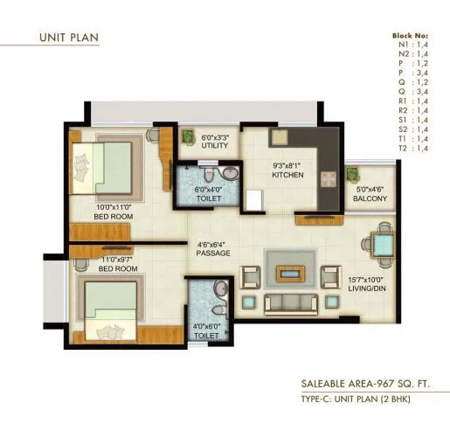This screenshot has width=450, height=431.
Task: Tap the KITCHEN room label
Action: [287, 175]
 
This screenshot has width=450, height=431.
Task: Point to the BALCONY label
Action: [370, 197]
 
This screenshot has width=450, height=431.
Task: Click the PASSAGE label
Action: [213, 254]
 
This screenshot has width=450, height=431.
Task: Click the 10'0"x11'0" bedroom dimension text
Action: [115, 207]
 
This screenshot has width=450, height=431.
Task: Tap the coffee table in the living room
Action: [290, 274]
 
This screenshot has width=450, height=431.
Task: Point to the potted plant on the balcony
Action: [354, 173]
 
